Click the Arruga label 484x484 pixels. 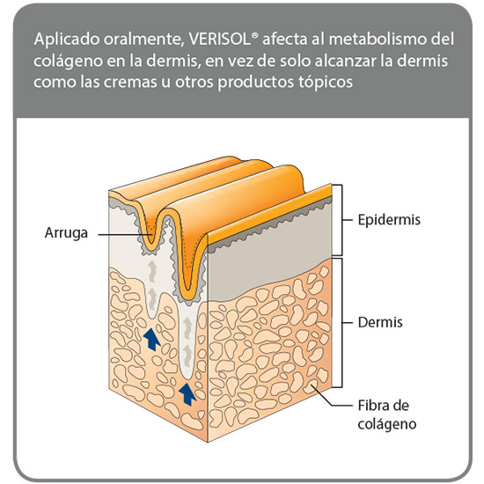click(66, 233)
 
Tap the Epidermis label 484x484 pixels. click(389, 220)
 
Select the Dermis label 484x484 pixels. click(380, 323)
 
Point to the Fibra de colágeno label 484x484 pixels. click(387, 414)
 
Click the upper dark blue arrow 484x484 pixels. click(151, 339)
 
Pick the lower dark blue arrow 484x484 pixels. click(187, 393)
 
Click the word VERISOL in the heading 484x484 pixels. click(219, 40)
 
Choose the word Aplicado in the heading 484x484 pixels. click(67, 40)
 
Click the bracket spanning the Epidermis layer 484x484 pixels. click(341, 220)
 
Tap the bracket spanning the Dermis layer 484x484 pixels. click(341, 323)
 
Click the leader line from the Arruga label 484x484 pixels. click(125, 234)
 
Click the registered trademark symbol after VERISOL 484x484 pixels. click(254, 35)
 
